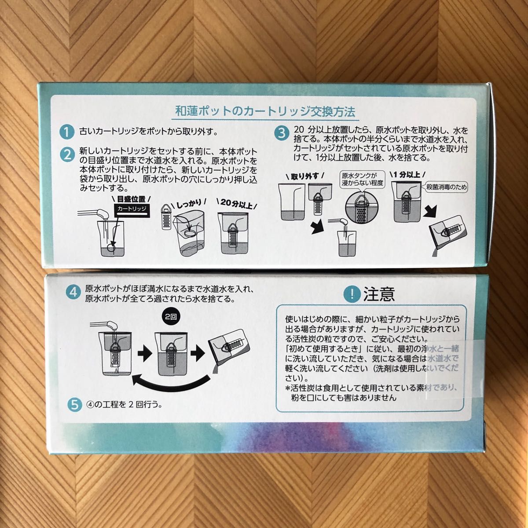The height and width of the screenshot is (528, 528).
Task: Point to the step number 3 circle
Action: pos(280,132)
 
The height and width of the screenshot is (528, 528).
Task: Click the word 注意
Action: pos(378,293)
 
